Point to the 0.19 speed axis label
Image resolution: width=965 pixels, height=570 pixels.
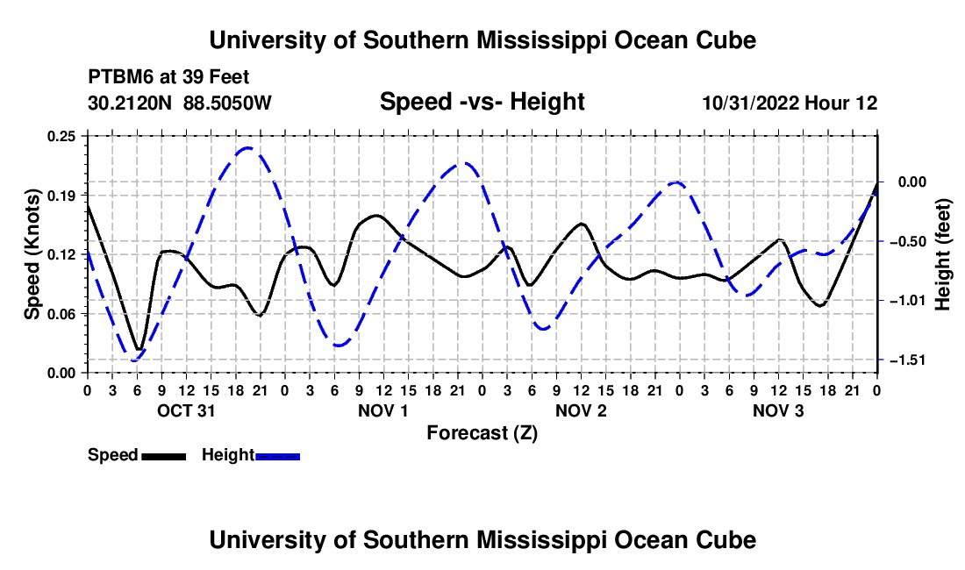pyautogui.click(x=61, y=196)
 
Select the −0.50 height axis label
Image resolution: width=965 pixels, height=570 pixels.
pyautogui.click(x=909, y=242)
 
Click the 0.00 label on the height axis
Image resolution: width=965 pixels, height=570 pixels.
pyautogui.click(x=912, y=182)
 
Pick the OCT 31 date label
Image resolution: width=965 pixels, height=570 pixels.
pyautogui.click(x=187, y=410)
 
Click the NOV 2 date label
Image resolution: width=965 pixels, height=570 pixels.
pyautogui.click(x=581, y=410)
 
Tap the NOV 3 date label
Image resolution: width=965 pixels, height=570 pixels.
pyautogui.click(x=778, y=410)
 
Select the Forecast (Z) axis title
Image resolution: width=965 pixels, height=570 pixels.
pyautogui.click(x=482, y=433)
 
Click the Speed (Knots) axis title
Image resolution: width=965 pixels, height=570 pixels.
pyautogui.click(x=32, y=254)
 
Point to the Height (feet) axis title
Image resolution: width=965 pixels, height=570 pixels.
pyautogui.click(x=943, y=254)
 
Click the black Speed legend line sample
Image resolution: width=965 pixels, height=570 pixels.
pyautogui.click(x=164, y=457)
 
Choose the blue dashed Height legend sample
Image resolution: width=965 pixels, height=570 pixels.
pyautogui.click(x=277, y=457)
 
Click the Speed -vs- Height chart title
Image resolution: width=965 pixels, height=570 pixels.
pyautogui.click(x=482, y=102)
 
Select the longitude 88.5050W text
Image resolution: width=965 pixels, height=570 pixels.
pyautogui.click(x=227, y=103)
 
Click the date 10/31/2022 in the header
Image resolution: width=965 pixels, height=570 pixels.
pyautogui.click(x=752, y=103)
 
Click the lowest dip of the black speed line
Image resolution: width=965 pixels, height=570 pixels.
pyautogui.click(x=139, y=349)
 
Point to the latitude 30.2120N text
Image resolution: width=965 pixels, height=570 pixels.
pyautogui.click(x=130, y=103)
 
